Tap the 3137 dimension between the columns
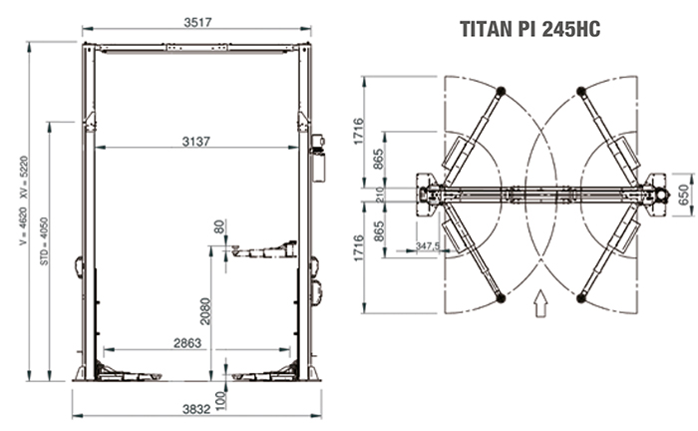[x=195, y=141]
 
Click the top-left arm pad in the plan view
[x=499, y=92]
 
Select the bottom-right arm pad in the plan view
[x=584, y=297]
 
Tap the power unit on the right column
[x=320, y=159]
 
